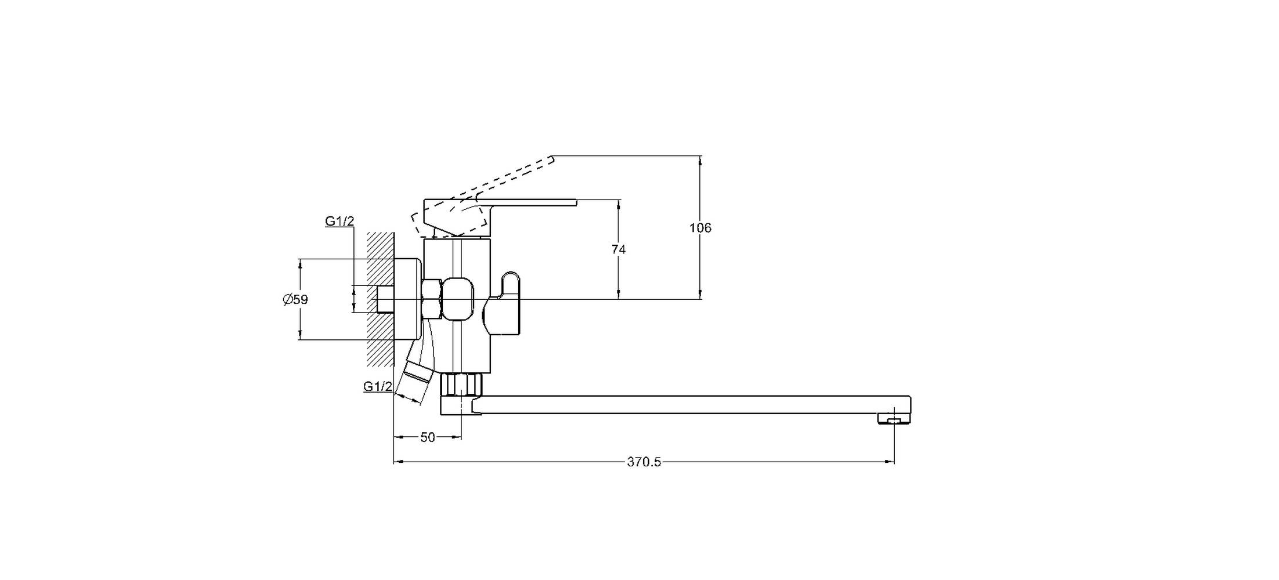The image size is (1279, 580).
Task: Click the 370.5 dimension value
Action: click(644, 462)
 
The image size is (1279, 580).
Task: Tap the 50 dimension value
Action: click(428, 437)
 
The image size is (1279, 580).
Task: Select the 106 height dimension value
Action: click(700, 228)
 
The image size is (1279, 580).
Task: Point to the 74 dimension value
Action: click(619, 249)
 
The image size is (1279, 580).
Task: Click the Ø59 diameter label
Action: click(295, 300)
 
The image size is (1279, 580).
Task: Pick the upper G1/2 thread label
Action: click(339, 221)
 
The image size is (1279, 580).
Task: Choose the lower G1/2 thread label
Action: click(378, 386)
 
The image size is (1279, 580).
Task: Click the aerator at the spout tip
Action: click(894, 418)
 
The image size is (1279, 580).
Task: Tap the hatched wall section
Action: click(380, 299)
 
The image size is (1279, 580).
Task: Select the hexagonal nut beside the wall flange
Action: click(431, 299)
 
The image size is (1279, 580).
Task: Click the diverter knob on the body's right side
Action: click(503, 303)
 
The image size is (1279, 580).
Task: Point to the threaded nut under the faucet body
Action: click(461, 385)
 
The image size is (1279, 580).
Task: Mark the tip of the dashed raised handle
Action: click(552, 157)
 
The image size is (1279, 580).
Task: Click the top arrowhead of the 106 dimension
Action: click(700, 161)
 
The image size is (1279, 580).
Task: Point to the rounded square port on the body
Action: click(458, 299)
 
